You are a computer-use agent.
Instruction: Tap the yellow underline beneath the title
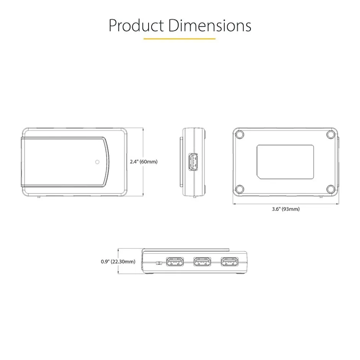coord(180,39)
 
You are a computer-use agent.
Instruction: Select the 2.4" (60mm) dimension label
coord(144,162)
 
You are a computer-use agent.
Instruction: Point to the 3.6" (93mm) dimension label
coord(286,209)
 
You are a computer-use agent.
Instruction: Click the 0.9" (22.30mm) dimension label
coord(118,262)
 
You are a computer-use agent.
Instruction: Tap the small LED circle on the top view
coord(97,162)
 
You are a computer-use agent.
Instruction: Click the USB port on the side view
coord(193,162)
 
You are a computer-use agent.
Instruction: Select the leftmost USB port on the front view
coord(175,262)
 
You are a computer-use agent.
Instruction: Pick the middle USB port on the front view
coord(202,262)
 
